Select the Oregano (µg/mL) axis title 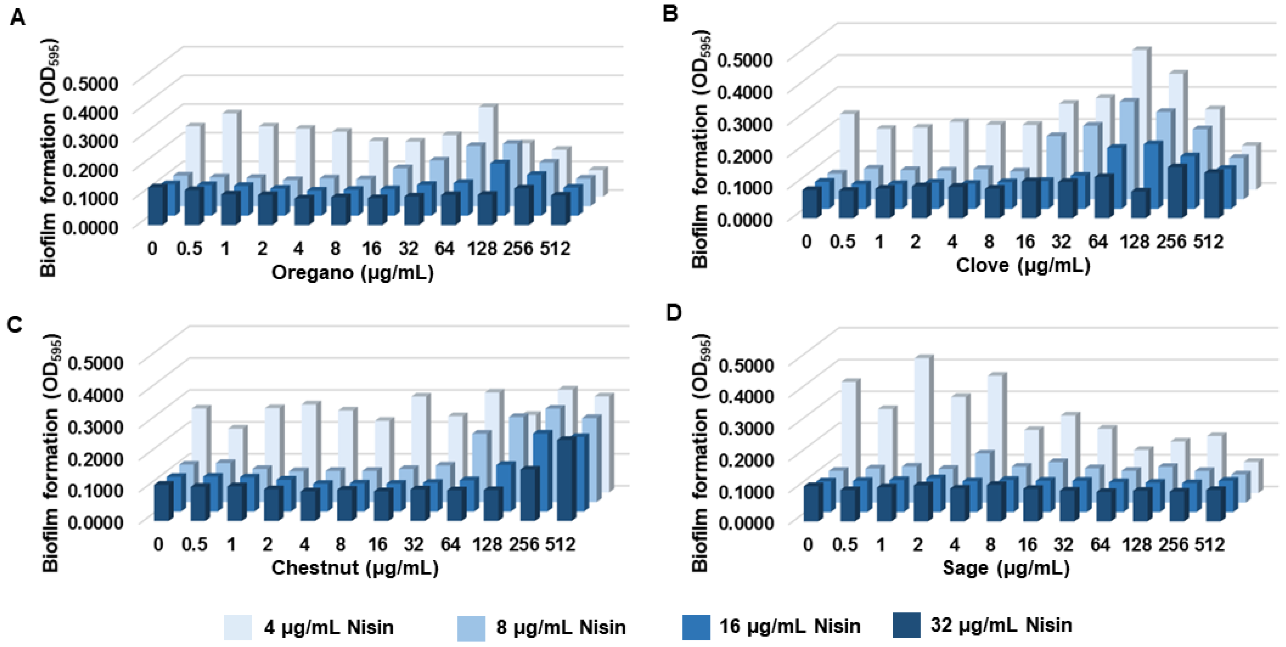(352, 273)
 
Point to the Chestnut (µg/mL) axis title (355, 568)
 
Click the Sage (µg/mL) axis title (1006, 568)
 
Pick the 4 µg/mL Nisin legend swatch (237, 627)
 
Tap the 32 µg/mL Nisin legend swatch (906, 625)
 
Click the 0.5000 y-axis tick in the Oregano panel (90, 83)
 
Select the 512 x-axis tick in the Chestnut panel (560, 544)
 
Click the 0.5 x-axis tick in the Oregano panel (189, 248)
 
